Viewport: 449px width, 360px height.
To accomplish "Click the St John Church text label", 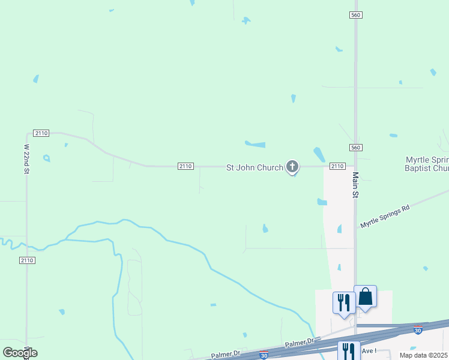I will click(x=254, y=167).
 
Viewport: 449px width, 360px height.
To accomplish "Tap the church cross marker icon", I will click(x=292, y=166).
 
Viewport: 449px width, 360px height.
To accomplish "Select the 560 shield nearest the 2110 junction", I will click(x=355, y=148).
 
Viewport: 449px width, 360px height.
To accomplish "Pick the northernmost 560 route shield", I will click(x=356, y=14).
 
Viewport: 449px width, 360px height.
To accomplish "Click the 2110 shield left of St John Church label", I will click(x=185, y=166).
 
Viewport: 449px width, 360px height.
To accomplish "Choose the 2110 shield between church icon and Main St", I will click(x=337, y=166).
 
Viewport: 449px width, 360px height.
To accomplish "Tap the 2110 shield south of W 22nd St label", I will click(x=26, y=260).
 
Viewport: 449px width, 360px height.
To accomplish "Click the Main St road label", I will click(x=355, y=185).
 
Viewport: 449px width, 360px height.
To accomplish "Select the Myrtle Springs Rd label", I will click(x=384, y=216).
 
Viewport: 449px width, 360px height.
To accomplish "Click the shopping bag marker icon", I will click(x=365, y=296).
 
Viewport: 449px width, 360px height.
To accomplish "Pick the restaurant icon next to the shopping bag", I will click(x=344, y=302).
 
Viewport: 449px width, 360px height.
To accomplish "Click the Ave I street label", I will click(x=369, y=350).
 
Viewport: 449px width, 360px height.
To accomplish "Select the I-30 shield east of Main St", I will click(x=418, y=330).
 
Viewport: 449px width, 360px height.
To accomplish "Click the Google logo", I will click(x=20, y=353).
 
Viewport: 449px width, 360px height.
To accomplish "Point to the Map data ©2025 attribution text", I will click(x=424, y=355).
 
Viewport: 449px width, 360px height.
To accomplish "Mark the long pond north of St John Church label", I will click(x=255, y=144).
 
